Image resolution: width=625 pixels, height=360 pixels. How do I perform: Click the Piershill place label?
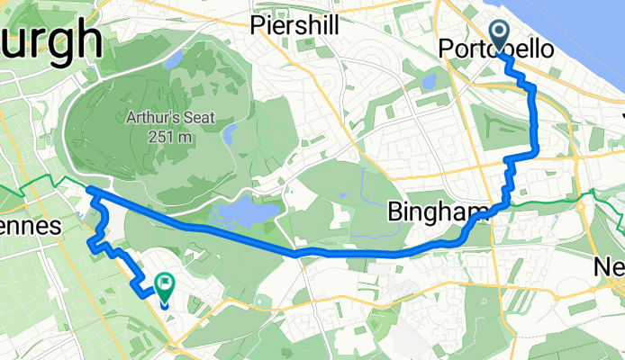(295, 25)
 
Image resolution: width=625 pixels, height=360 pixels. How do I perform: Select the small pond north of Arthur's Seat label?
(177, 61)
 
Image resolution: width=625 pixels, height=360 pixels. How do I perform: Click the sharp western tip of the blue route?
(88, 188)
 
